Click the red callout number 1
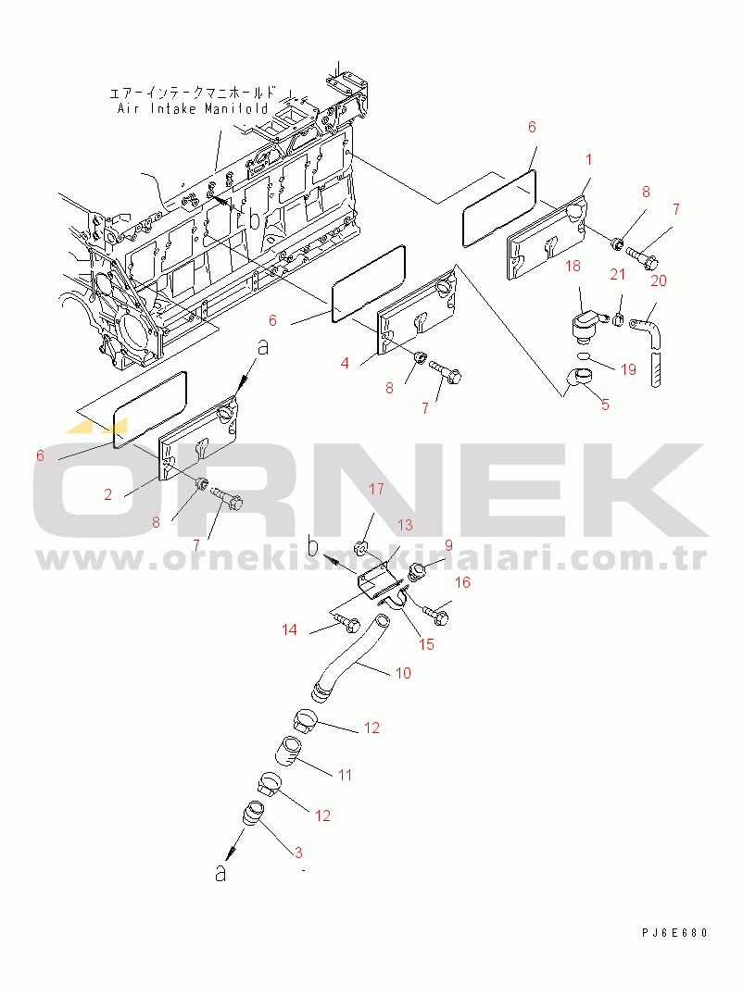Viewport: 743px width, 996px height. point(588,159)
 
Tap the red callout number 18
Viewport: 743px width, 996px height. point(573,266)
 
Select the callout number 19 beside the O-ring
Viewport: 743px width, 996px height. point(628,369)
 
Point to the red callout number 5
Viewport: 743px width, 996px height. point(605,405)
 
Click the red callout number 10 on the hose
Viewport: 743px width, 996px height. point(403,673)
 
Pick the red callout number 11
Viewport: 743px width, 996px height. point(345,775)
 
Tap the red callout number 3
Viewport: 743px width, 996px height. point(298,853)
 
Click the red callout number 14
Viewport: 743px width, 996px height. point(289,629)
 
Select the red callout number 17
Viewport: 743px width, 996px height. point(376,489)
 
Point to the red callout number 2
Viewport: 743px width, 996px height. point(108,494)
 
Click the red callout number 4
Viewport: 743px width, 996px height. point(345,364)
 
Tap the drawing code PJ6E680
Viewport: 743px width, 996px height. point(674,932)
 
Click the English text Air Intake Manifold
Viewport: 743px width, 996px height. point(194,108)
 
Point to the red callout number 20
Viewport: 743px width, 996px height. point(659,280)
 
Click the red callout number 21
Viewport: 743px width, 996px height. point(617,274)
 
